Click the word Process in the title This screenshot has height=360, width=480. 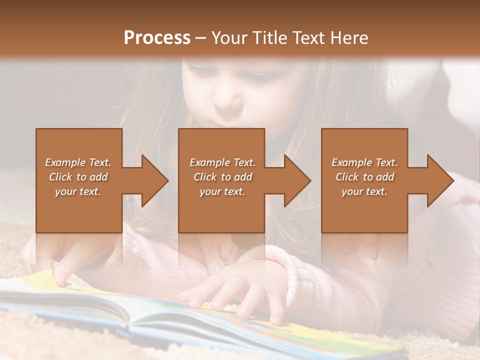point(157,37)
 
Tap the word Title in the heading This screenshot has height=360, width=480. point(270,37)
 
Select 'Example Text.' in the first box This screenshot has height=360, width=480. point(78,162)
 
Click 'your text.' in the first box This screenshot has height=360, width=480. point(78,191)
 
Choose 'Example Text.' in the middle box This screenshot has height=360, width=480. point(222,162)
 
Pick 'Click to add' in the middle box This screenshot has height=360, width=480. point(222,177)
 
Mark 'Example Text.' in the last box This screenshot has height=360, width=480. point(364,162)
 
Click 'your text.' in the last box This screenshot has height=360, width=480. point(364,191)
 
